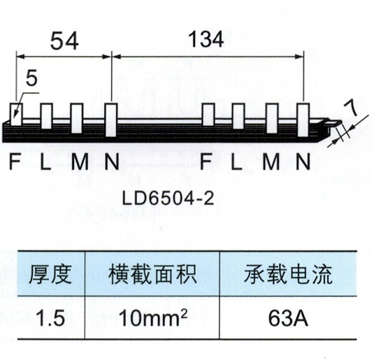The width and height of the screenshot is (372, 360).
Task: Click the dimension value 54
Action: point(64,41)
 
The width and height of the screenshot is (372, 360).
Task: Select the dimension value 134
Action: point(206,39)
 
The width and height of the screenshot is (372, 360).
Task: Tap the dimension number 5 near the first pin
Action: point(31,78)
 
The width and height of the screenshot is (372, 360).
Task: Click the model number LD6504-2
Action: point(168,199)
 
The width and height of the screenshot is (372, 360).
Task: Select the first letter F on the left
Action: point(15,161)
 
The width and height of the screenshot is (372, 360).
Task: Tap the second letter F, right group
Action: point(206,161)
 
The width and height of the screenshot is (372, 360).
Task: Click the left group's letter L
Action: point(45,161)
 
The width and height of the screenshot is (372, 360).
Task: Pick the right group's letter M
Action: point(271,161)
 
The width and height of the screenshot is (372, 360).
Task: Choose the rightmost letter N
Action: point(303,161)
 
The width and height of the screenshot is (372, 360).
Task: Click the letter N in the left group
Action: point(112,161)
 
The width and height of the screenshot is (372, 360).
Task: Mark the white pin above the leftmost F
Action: point(16,115)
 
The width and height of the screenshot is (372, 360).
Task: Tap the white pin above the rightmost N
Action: point(303,120)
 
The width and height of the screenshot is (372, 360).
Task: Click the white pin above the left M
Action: point(77,118)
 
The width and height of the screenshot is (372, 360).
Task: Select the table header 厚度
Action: point(50,275)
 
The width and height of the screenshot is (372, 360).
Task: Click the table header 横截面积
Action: point(152,275)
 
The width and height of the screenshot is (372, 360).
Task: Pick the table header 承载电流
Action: point(288,274)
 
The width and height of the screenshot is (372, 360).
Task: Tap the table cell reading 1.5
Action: point(51,318)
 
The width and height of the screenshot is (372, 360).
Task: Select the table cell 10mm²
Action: point(153,317)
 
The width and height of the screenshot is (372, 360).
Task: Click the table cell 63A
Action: point(288,318)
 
